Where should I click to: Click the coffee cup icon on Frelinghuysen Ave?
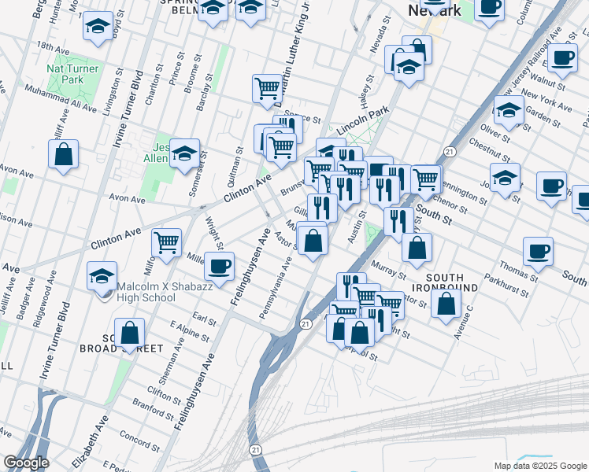219,265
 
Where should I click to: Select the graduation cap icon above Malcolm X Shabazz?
102,275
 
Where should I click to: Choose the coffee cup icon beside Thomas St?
538,250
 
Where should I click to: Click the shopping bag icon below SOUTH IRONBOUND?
446,304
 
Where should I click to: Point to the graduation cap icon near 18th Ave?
98,28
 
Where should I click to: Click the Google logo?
26,463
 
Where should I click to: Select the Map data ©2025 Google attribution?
539,466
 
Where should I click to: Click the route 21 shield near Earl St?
306,323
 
